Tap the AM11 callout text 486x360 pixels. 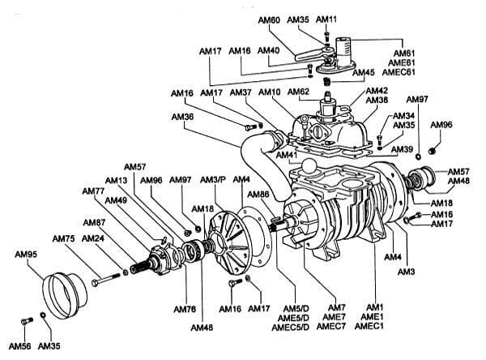coord(327,19)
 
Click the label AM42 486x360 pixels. coord(377,91)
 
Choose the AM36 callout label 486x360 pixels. coord(183,117)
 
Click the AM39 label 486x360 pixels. coord(402,149)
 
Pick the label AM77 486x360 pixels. coord(93,191)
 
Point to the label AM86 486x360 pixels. coord(258,195)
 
